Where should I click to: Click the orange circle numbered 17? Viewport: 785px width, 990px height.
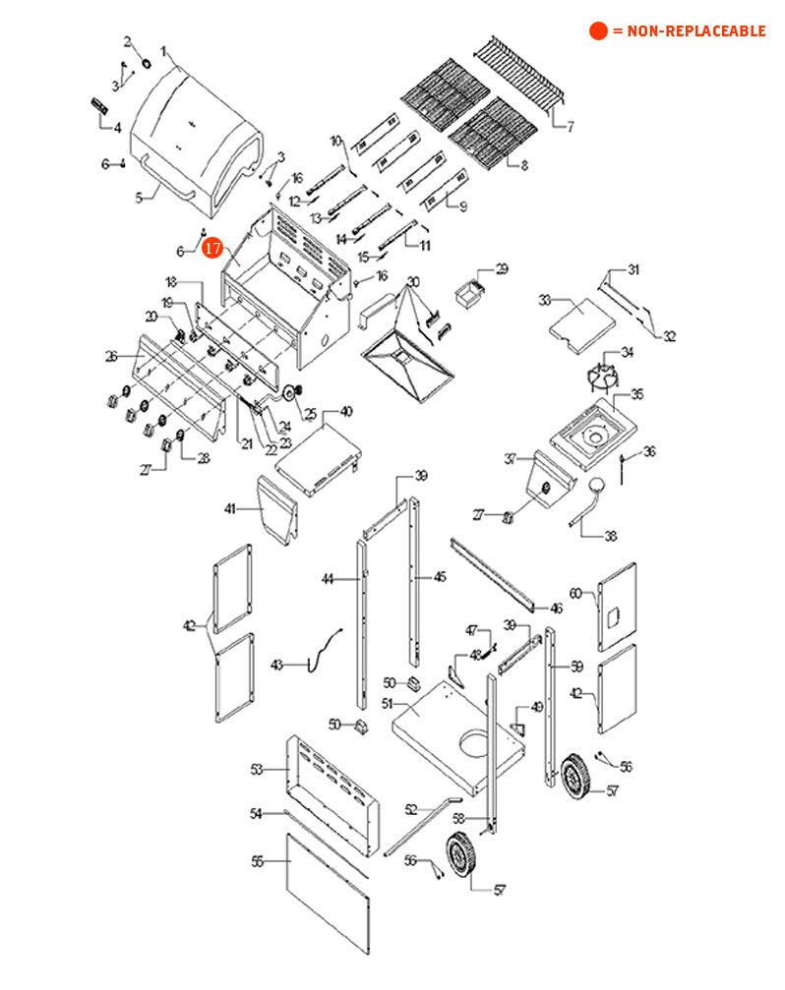click(213, 248)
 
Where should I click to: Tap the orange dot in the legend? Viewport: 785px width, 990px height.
click(598, 31)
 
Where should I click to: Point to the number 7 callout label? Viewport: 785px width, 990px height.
click(570, 126)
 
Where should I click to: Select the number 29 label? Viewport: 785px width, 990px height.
click(501, 268)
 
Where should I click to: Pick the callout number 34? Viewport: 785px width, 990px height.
click(627, 352)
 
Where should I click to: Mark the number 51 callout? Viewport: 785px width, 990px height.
click(388, 704)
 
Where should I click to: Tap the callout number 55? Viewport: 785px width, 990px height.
click(258, 861)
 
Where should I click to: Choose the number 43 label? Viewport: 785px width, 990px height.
click(276, 666)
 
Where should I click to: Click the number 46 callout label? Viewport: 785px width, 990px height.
click(556, 609)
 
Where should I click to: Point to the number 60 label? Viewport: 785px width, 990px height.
click(576, 593)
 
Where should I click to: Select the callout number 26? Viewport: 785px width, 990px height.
click(111, 355)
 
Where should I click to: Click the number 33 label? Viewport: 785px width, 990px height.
click(544, 299)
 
